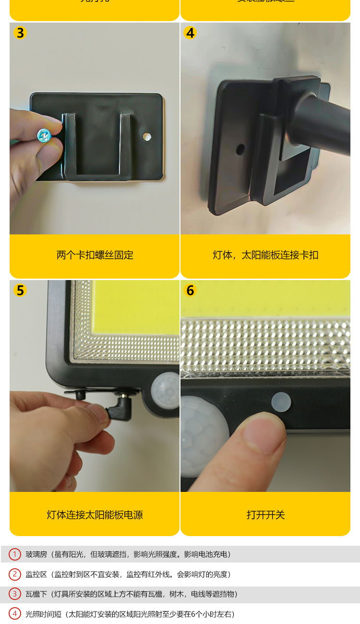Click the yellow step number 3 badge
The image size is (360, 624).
point(20,33)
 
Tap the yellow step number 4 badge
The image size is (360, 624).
point(191,33)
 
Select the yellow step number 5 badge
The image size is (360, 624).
point(20,291)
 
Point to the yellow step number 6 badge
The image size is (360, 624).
point(191,291)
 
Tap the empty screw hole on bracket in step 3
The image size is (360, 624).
point(147,137)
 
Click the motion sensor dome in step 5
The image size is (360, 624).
point(164,388)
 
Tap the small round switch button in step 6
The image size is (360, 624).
point(281,402)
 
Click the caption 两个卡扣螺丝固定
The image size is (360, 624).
point(95,255)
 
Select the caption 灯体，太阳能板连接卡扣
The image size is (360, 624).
point(265,255)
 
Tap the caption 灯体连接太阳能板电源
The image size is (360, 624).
point(95,515)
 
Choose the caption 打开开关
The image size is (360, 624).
point(265,515)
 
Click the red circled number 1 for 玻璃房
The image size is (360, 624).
point(15,554)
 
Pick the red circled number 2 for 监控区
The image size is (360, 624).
point(15,574)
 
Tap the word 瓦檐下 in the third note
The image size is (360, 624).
point(36,594)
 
